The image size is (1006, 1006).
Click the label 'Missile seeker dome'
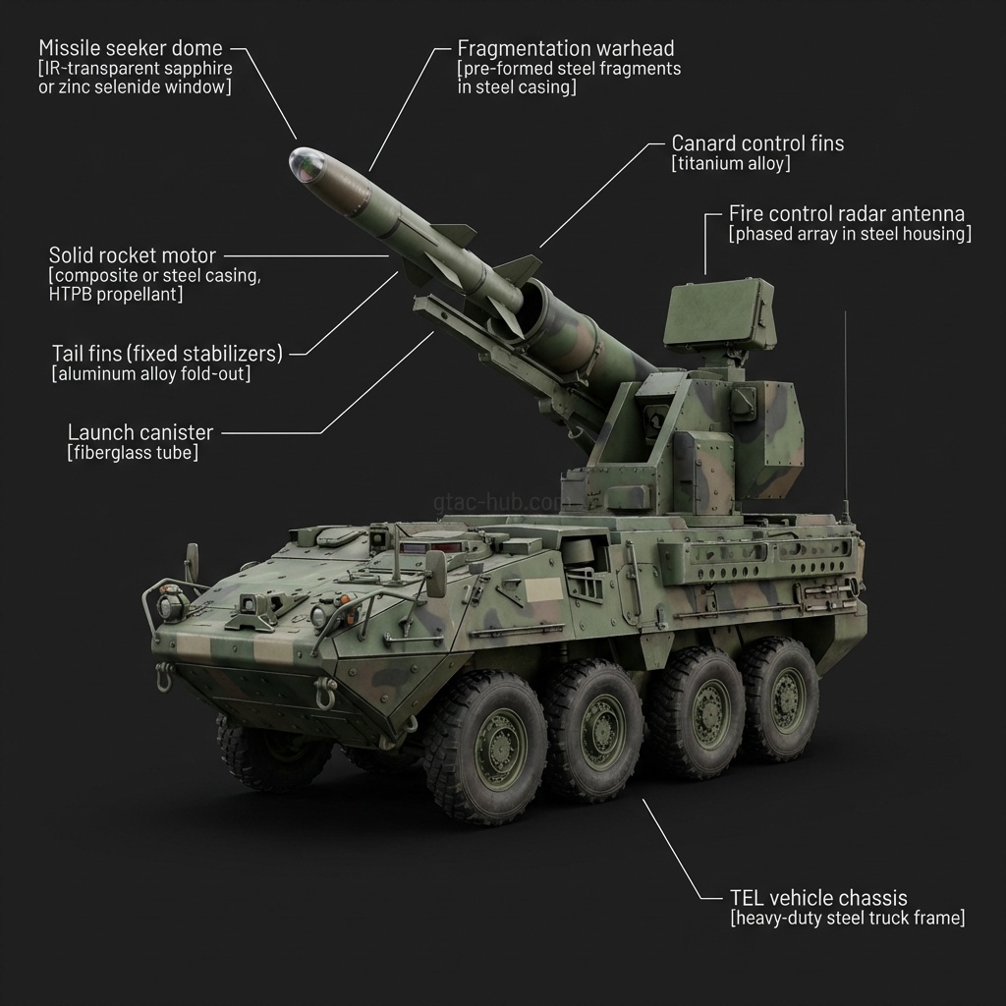(x=130, y=48)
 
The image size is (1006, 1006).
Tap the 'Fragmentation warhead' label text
(x=566, y=48)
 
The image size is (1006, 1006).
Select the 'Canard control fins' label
(x=756, y=143)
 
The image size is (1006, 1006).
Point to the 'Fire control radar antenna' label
(x=846, y=213)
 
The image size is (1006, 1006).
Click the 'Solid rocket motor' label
(x=132, y=256)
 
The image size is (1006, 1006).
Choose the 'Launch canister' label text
(x=140, y=432)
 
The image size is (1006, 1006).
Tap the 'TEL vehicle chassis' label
(x=818, y=898)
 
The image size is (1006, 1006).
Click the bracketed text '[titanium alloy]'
(x=730, y=164)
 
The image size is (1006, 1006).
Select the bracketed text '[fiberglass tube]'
(x=132, y=453)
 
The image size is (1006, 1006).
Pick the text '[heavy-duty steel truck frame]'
(x=847, y=919)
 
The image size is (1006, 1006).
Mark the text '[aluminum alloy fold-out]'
(x=150, y=374)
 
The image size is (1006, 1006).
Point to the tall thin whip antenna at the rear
(x=846, y=413)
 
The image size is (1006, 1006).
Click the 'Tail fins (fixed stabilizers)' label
(x=166, y=353)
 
